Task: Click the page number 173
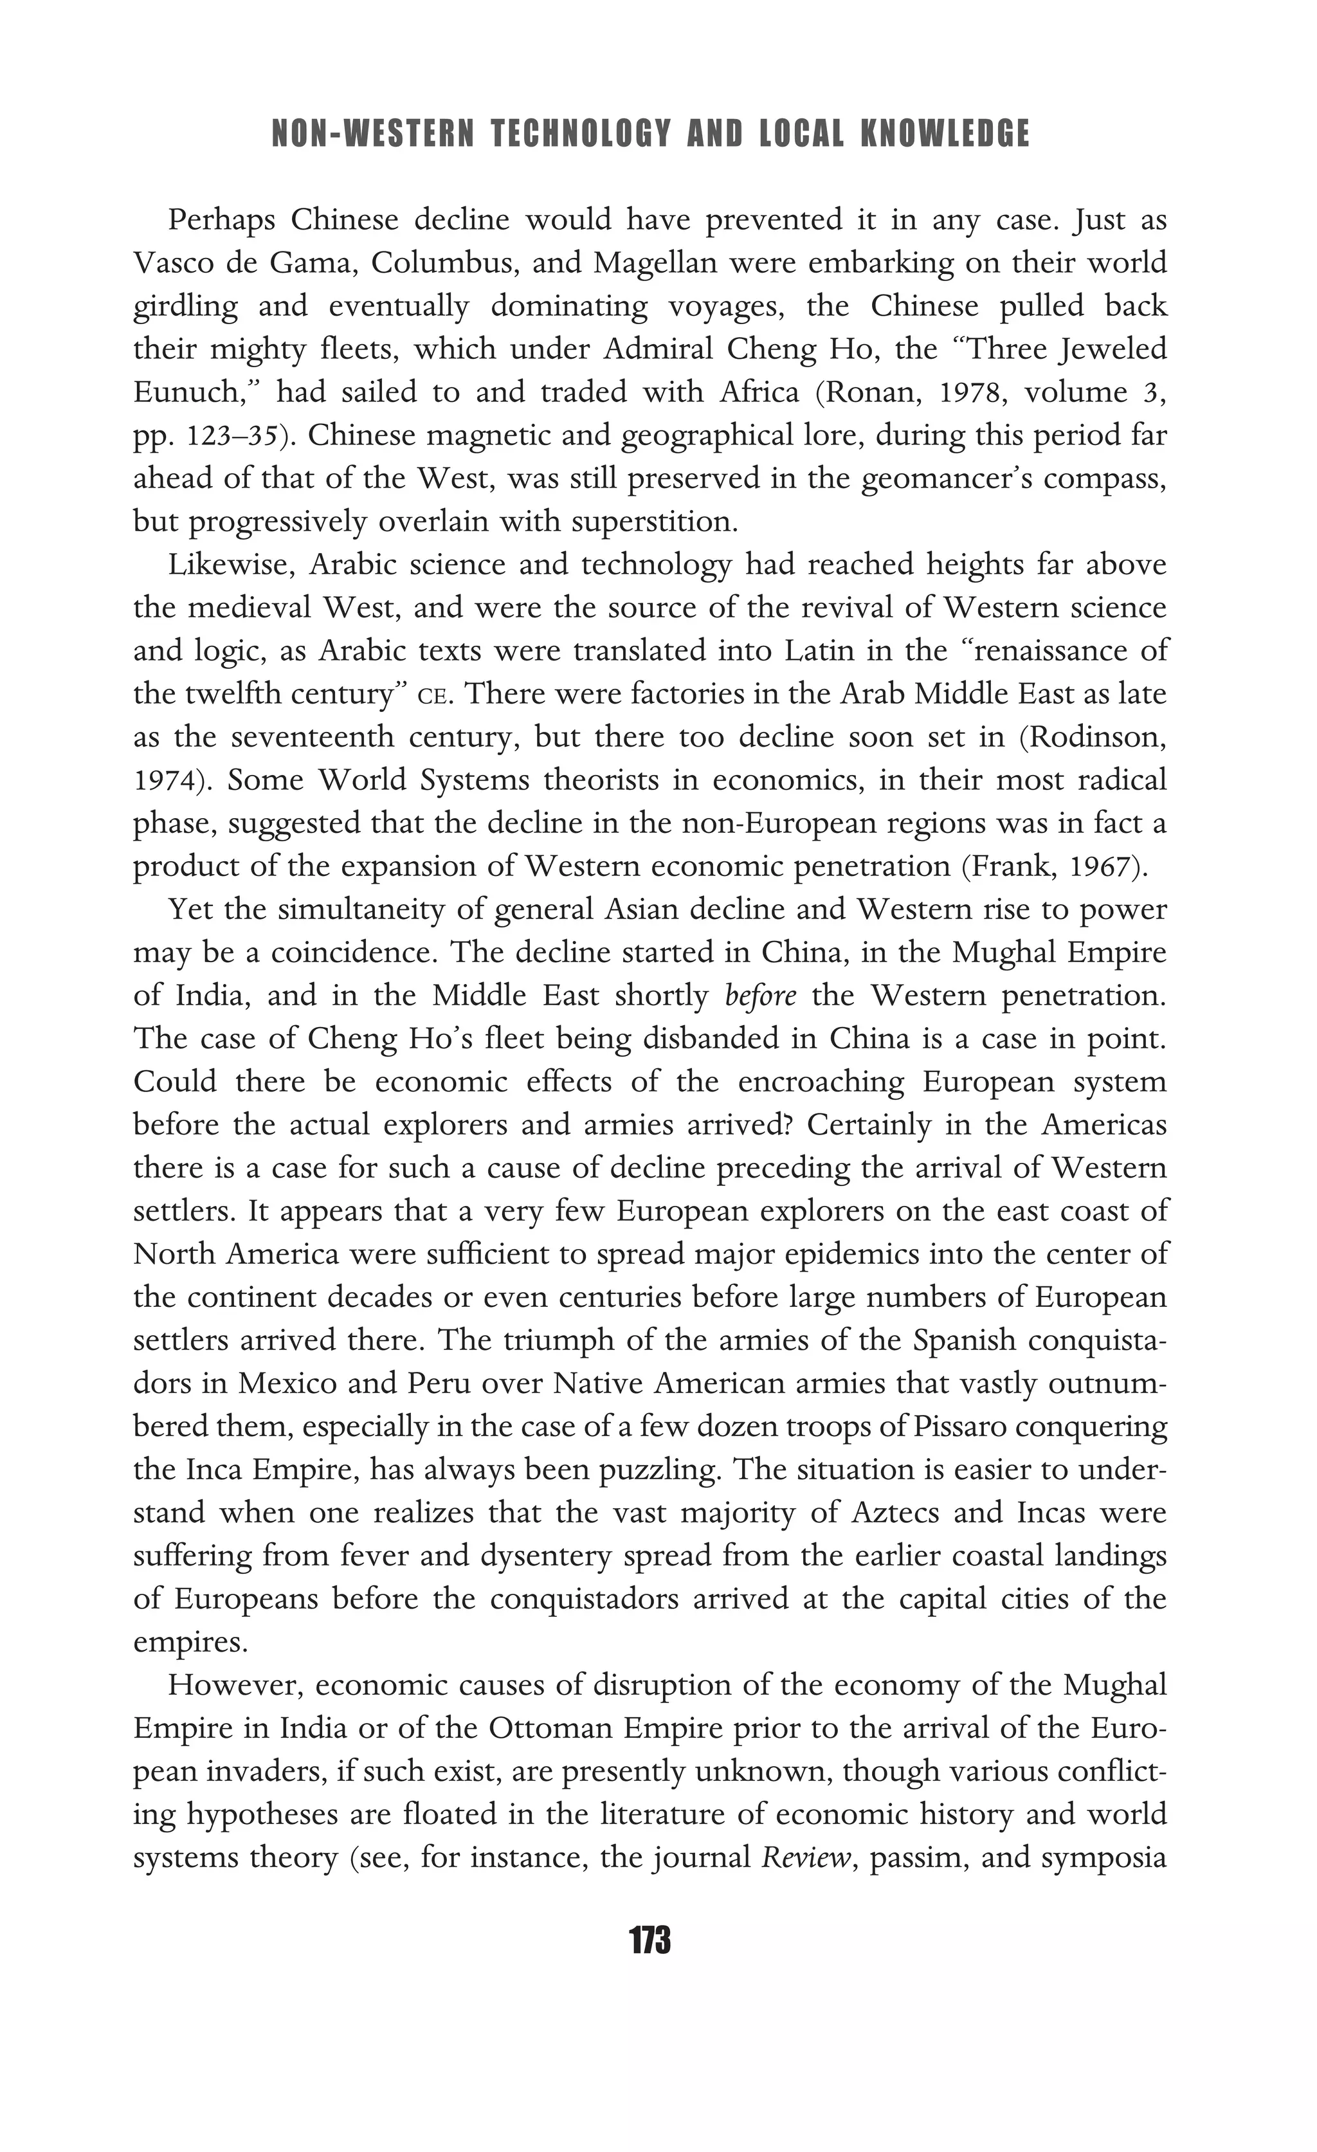pos(649,1942)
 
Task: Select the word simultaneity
pos(365,909)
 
